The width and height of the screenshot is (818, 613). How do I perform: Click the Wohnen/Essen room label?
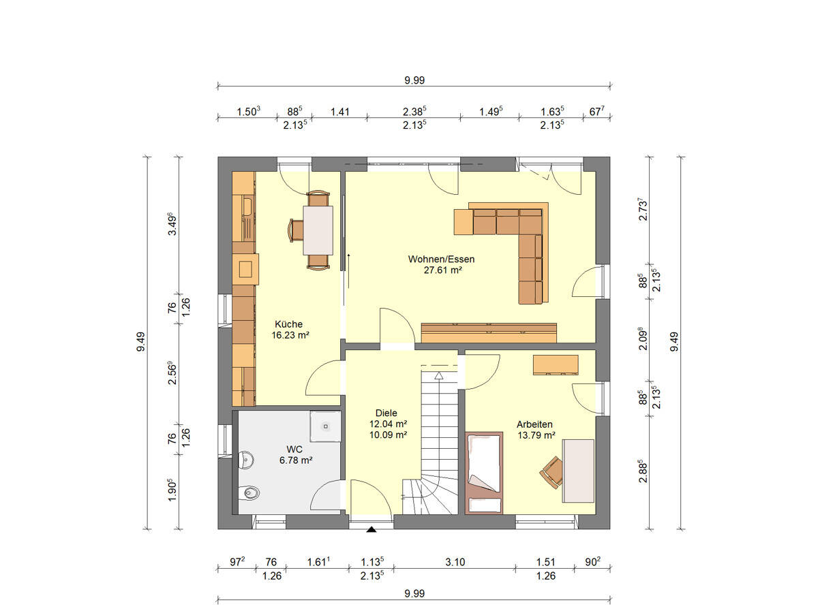(441, 259)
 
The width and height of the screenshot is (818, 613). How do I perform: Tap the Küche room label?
(288, 324)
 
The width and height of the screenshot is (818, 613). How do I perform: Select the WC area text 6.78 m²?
(294, 460)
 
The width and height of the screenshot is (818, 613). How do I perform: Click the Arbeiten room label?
(534, 424)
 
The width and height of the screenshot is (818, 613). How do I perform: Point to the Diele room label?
(386, 413)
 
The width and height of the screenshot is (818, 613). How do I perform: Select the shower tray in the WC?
(325, 426)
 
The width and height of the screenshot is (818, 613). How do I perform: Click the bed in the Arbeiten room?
(483, 472)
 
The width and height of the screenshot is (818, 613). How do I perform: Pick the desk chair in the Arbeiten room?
(551, 471)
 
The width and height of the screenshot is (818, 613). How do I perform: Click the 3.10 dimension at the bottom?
(454, 563)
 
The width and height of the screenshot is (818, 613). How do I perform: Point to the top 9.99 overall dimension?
(414, 80)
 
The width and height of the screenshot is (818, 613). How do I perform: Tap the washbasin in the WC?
(245, 461)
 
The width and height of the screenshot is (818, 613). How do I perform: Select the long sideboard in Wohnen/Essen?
(489, 332)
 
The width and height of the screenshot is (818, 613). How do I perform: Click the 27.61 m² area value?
(441, 270)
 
